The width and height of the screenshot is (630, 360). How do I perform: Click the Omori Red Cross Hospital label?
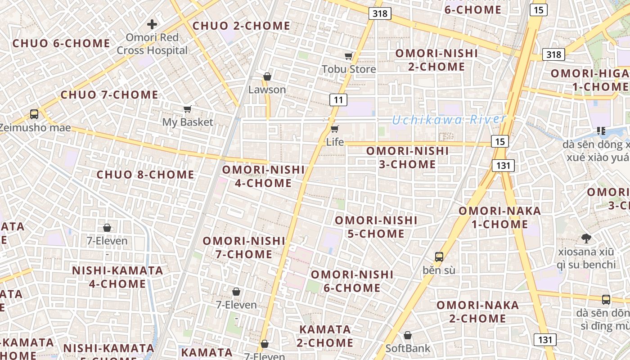pos(152,44)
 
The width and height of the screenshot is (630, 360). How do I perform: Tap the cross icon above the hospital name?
pos(152,24)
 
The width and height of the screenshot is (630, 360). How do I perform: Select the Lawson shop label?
pos(267,90)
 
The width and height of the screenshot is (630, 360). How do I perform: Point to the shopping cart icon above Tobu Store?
pos(348,56)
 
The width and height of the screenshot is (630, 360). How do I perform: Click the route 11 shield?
pos(338,99)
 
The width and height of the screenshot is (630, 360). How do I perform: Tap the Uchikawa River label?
pos(449,120)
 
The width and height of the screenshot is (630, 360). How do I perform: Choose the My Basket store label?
pos(188,122)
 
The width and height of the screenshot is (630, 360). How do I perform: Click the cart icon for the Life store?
pos(334,129)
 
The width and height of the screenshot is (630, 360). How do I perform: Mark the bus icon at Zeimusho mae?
pos(34,114)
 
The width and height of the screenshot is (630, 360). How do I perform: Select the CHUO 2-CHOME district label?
pos(242,26)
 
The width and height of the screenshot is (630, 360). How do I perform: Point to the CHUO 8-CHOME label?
pos(145,175)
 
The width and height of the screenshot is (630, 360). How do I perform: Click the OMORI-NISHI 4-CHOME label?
pos(264,176)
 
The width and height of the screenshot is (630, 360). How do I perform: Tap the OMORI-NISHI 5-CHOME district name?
pos(376,227)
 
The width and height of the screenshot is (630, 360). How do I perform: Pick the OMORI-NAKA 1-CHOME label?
pos(499,217)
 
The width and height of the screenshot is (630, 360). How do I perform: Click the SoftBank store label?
pos(408,348)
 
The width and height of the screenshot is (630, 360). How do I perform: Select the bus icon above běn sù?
pos(439,257)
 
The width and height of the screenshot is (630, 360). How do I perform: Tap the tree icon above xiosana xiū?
pos(586,238)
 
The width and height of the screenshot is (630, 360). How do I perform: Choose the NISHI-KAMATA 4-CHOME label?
pos(117,277)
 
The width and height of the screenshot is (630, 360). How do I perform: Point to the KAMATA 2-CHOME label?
pos(325,336)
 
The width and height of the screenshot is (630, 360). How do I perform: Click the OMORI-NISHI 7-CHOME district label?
pos(244,247)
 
